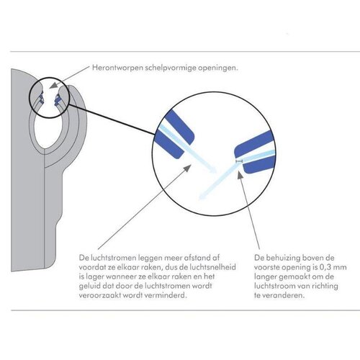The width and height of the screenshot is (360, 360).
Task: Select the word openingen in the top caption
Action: tap(218, 68)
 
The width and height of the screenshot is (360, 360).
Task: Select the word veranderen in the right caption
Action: tap(283, 295)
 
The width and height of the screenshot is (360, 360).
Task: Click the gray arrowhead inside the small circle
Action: tap(55, 85)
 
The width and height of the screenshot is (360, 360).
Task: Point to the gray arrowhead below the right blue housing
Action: tap(240, 174)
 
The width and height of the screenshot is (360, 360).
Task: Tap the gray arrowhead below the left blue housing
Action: tap(187, 168)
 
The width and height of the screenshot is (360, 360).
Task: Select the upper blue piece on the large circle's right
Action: tap(253, 143)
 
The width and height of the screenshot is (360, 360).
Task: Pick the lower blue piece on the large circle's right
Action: tap(260, 165)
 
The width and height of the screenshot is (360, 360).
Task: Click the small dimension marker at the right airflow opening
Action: tap(240, 161)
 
